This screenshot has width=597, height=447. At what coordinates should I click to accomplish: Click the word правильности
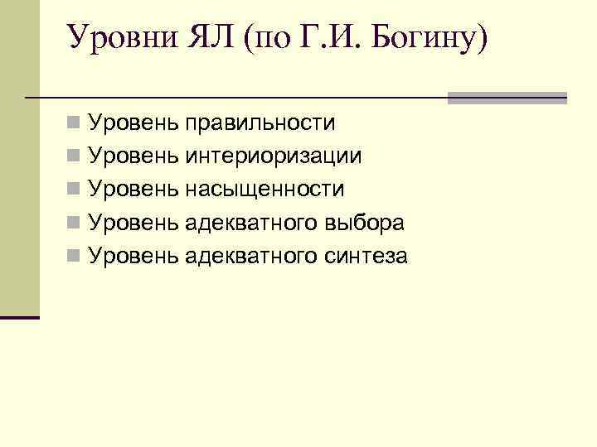[x=260, y=123]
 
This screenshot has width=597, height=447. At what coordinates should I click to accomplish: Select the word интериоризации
[x=274, y=156]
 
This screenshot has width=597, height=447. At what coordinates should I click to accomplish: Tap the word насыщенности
[x=265, y=190]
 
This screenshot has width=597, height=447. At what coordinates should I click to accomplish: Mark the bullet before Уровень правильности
[x=74, y=124]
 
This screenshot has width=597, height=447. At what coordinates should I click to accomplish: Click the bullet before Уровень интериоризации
[x=74, y=157]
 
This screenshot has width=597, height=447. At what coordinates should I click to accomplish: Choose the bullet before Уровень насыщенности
[x=74, y=190]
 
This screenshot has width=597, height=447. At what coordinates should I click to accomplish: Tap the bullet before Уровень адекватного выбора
[x=74, y=223]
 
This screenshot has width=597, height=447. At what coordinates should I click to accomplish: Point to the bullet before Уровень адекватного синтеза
[x=74, y=257]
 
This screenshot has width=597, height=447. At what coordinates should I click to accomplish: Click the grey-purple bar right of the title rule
[x=507, y=98]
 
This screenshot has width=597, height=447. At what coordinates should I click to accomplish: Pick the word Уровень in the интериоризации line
[x=133, y=156]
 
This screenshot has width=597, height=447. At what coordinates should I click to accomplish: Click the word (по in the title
[x=263, y=38]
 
